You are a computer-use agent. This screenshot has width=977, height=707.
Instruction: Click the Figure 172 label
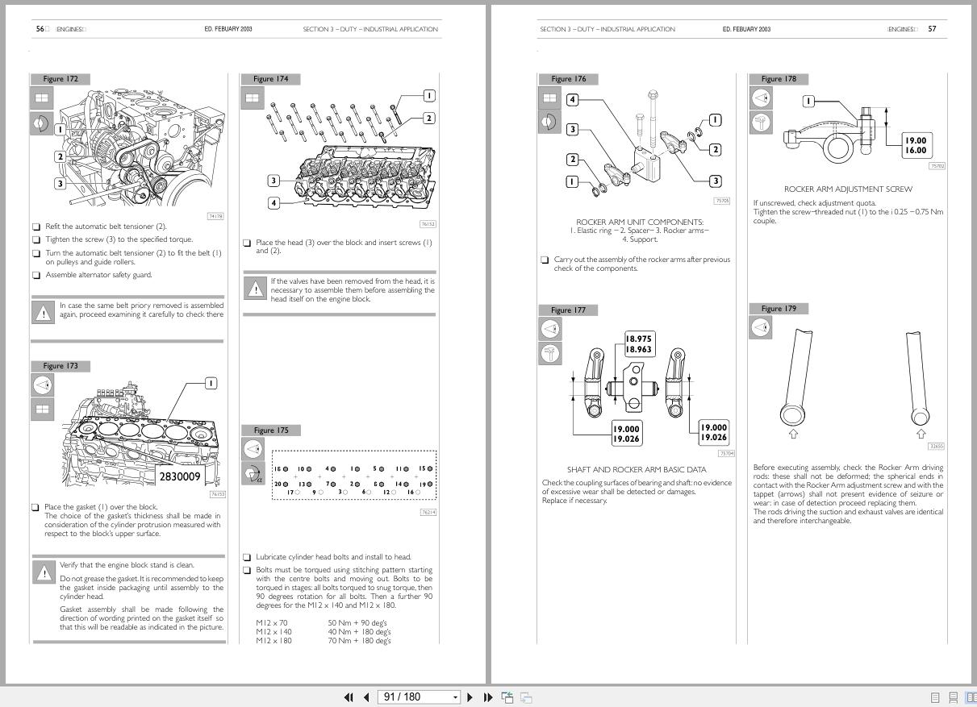(61, 79)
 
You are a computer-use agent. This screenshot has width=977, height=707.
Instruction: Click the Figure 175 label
(270, 430)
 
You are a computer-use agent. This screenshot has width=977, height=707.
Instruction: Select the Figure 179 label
(778, 309)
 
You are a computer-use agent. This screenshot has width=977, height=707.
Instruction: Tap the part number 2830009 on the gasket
(179, 476)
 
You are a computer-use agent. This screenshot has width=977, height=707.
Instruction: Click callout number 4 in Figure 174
(273, 202)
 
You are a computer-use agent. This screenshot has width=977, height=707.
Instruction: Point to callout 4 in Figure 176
(572, 100)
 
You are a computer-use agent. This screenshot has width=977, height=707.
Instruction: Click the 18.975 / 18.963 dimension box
(639, 344)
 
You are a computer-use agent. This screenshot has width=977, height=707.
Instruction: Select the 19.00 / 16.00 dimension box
(915, 145)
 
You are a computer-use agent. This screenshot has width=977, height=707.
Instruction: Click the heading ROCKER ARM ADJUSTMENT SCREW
(848, 189)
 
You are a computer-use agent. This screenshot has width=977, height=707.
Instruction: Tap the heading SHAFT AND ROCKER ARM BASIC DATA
(637, 469)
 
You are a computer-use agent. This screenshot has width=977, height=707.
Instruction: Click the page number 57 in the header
(932, 29)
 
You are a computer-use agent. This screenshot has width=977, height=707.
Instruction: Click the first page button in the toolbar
(349, 697)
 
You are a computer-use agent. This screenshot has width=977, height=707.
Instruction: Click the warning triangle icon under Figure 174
(256, 289)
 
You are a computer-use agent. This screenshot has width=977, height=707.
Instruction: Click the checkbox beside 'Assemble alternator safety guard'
(36, 275)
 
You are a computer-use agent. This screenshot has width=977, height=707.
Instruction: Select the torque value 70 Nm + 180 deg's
(359, 641)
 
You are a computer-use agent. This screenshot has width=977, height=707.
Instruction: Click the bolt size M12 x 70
(272, 623)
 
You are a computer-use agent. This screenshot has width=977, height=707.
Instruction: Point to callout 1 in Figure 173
(211, 383)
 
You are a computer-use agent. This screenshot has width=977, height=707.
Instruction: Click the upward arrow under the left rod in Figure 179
(792, 434)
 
